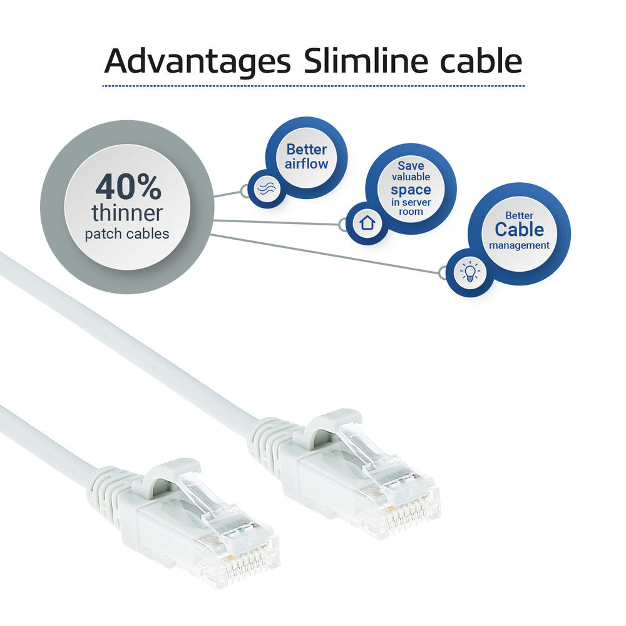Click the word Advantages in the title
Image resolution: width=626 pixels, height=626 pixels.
click(197, 61)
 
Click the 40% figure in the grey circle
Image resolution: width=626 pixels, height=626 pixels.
click(128, 187)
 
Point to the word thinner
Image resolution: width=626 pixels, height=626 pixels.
click(127, 213)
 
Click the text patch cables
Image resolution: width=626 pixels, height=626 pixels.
click(127, 234)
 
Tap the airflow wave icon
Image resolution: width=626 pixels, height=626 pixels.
click(267, 188)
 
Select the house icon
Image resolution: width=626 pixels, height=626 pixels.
click(367, 223)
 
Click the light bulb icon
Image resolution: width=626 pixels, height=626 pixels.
click(470, 272)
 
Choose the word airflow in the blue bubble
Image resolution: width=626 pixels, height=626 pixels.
click(307, 163)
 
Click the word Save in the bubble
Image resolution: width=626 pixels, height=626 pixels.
click(411, 165)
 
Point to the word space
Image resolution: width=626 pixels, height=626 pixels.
click(411, 190)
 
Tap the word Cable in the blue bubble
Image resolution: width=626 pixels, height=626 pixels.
click(520, 230)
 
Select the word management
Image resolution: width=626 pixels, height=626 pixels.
click(520, 245)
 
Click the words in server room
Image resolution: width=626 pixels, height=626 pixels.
click(411, 207)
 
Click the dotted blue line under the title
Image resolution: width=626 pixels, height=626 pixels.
click(314, 86)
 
